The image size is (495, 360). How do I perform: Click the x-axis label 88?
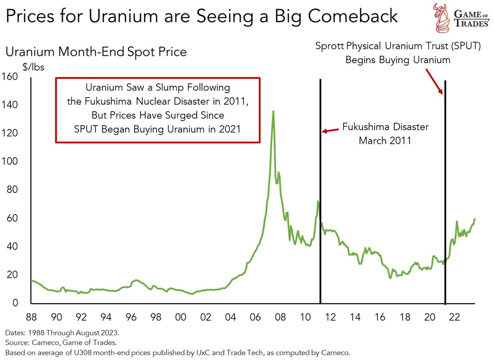pyautogui.click(x=32, y=317)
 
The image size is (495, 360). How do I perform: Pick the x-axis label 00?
pyautogui.click(x=181, y=317)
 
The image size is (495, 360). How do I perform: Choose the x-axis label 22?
pyautogui.click(x=454, y=317)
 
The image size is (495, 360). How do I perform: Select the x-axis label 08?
pyautogui.click(x=280, y=317)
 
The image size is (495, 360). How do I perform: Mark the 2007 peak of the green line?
pyautogui.click(x=273, y=111)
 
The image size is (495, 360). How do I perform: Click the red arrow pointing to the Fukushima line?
pyautogui.click(x=330, y=131)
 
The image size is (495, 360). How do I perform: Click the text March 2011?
pyautogui.click(x=385, y=141)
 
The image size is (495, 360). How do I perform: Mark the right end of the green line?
pyautogui.click(x=475, y=219)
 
